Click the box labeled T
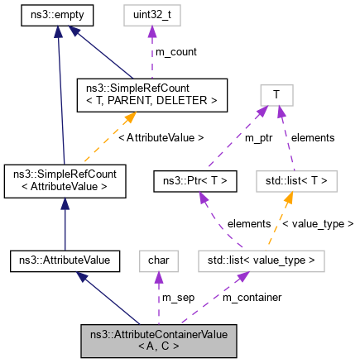[x=278, y=94]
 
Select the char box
[x=157, y=261]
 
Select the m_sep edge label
[x=178, y=297]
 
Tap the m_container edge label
[x=253, y=297]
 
